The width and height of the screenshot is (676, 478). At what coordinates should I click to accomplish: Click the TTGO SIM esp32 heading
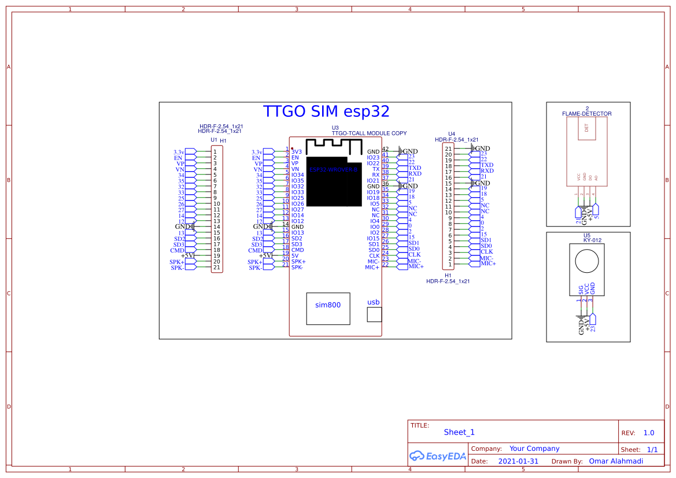pyautogui.click(x=326, y=112)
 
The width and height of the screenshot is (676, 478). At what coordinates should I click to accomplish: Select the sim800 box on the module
pyautogui.click(x=328, y=308)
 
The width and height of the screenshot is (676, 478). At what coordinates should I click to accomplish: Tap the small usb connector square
pyautogui.click(x=374, y=314)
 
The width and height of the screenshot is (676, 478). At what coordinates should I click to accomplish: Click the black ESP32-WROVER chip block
pyautogui.click(x=333, y=181)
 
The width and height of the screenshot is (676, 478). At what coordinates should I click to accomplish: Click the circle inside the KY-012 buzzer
pyautogui.click(x=587, y=261)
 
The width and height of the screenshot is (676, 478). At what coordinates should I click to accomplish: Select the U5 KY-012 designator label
pyautogui.click(x=588, y=238)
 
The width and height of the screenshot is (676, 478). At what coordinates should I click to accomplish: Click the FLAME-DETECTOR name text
pyautogui.click(x=587, y=114)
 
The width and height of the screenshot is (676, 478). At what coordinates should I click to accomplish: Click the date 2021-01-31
pyautogui.click(x=518, y=461)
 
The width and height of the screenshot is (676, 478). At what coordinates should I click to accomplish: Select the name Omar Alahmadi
pyautogui.click(x=616, y=461)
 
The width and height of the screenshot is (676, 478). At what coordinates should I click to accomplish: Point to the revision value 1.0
pyautogui.click(x=649, y=433)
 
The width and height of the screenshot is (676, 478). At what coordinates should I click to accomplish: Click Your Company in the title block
pyautogui.click(x=534, y=449)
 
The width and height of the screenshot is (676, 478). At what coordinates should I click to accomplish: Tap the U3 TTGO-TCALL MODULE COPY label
pyautogui.click(x=369, y=131)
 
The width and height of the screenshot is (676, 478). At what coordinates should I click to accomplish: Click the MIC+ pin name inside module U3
pyautogui.click(x=372, y=268)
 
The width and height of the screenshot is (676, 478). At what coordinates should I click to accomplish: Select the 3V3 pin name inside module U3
pyautogui.click(x=297, y=152)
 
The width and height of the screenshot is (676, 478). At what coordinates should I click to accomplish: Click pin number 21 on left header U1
pyautogui.click(x=216, y=268)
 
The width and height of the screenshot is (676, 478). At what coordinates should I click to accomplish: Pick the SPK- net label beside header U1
pyautogui.click(x=177, y=268)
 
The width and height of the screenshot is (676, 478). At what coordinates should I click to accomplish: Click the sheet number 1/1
pyautogui.click(x=652, y=449)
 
